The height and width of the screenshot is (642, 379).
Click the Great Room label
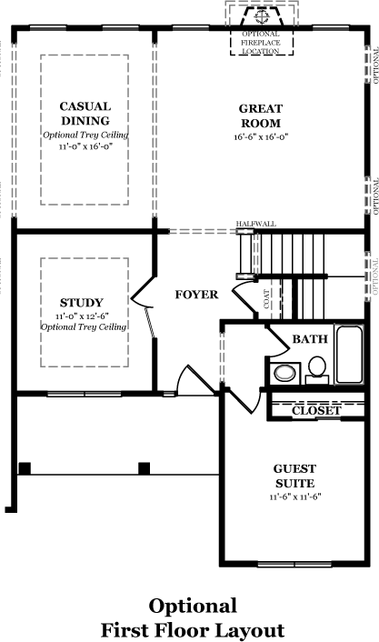click(x=261, y=115)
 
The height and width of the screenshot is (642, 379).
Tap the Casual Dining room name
click(x=85, y=114)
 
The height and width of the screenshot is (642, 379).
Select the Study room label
click(x=82, y=303)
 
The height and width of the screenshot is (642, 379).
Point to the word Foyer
click(x=196, y=295)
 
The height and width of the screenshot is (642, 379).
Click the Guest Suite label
click(x=294, y=476)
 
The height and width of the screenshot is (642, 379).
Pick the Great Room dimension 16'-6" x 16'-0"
click(x=261, y=136)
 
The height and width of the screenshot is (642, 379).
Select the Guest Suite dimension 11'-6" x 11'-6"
click(x=295, y=497)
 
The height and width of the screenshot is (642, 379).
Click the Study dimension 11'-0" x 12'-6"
click(x=82, y=316)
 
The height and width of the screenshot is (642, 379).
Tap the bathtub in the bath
click(x=349, y=355)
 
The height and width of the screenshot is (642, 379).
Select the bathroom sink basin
click(x=284, y=373)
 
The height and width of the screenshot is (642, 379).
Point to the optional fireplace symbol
click(x=261, y=16)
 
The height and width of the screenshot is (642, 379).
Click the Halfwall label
click(x=256, y=224)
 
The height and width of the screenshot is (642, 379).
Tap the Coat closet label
click(x=267, y=299)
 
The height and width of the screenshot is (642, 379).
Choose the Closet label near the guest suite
click(x=316, y=411)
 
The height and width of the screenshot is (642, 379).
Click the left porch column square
click(x=25, y=468)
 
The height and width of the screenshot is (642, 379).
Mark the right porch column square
click(x=144, y=468)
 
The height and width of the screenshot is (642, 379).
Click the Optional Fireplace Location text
click(x=261, y=43)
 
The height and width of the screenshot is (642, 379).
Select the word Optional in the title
click(x=193, y=607)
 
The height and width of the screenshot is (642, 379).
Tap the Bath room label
click(x=310, y=339)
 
